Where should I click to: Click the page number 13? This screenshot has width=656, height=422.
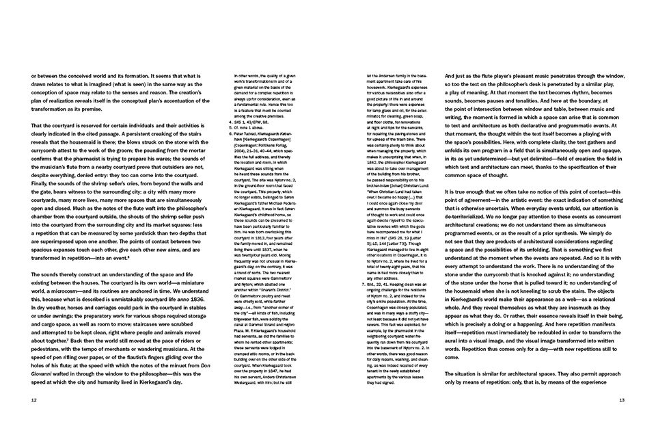click(x=621, y=400)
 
